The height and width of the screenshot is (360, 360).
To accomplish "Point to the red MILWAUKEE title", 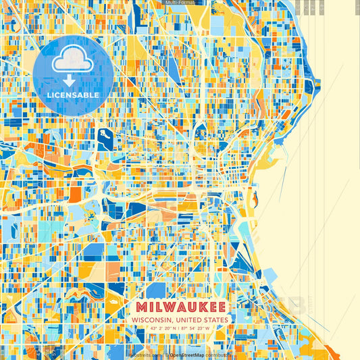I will pyautogui.click(x=180, y=306).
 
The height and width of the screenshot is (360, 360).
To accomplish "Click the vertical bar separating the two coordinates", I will pyautogui.click(x=180, y=329).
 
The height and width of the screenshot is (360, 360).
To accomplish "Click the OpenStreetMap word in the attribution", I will pyautogui.click(x=186, y=354).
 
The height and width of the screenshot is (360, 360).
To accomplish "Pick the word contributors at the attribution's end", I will pyautogui.click(x=217, y=354).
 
